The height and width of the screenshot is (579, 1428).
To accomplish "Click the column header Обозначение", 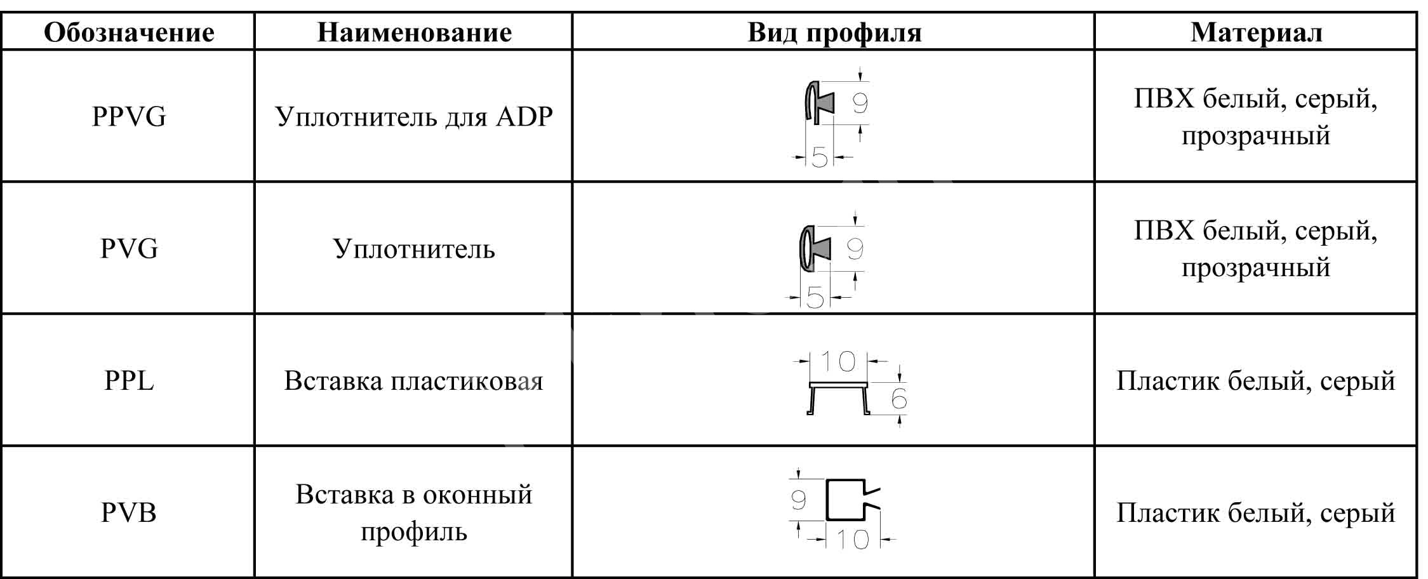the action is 129,32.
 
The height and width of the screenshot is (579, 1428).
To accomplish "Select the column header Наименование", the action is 414,32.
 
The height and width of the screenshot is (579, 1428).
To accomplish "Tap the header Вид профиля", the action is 834,32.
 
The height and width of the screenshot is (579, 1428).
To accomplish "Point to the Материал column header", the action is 1256,32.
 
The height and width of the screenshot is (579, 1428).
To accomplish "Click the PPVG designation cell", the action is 129,117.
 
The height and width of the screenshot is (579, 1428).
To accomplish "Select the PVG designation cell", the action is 129,248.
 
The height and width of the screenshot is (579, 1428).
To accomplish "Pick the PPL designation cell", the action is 129,381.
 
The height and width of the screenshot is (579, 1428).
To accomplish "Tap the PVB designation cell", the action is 129,512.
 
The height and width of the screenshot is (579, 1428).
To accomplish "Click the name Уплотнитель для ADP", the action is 414,117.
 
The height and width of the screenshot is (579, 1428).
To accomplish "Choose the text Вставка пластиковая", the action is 414,381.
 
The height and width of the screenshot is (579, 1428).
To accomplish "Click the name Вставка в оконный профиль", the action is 414,512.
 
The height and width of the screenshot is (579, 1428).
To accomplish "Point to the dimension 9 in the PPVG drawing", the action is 860,103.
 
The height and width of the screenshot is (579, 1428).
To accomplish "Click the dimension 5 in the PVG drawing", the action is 815,296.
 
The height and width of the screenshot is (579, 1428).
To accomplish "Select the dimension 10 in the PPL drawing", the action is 839,361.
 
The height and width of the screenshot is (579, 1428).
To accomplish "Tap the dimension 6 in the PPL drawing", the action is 899,399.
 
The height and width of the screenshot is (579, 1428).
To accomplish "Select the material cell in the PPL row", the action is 1256,381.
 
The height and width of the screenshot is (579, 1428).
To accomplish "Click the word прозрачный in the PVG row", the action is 1256,268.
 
